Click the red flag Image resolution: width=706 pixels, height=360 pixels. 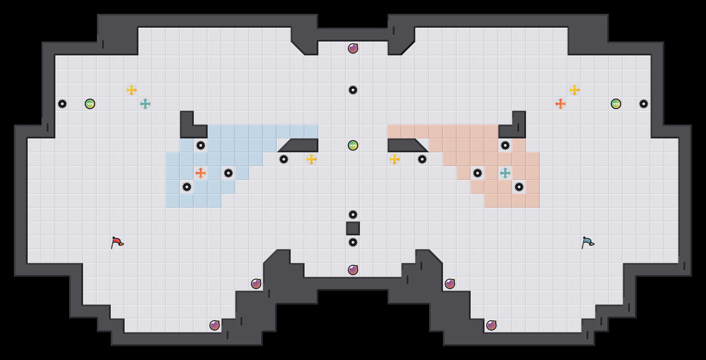(x=117, y=242)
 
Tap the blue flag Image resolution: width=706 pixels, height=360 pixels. (x=588, y=242)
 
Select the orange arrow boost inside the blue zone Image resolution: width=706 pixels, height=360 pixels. (x=201, y=173)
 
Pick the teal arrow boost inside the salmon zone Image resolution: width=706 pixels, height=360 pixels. (x=505, y=173)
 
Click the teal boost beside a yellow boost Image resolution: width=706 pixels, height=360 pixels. (x=145, y=103)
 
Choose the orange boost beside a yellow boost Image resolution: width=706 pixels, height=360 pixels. (x=561, y=103)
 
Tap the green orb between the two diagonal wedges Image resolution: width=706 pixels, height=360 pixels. (x=353, y=145)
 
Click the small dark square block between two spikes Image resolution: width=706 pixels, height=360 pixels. (x=353, y=228)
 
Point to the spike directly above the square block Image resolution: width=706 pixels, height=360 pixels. (x=353, y=215)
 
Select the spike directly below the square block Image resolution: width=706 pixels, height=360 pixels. (x=353, y=242)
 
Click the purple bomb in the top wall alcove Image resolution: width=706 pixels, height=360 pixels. (x=353, y=48)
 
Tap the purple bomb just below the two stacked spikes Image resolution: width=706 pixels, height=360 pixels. (x=353, y=270)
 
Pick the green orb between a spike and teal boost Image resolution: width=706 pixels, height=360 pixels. (x=90, y=104)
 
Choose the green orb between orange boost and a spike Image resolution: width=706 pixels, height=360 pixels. (x=616, y=104)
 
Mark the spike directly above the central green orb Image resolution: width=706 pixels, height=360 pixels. (x=353, y=90)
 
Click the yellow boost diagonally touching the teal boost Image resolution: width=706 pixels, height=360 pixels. (x=132, y=90)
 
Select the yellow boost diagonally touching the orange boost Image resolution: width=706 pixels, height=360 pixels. (x=574, y=90)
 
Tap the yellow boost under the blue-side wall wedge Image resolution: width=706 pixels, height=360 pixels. (x=311, y=159)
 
